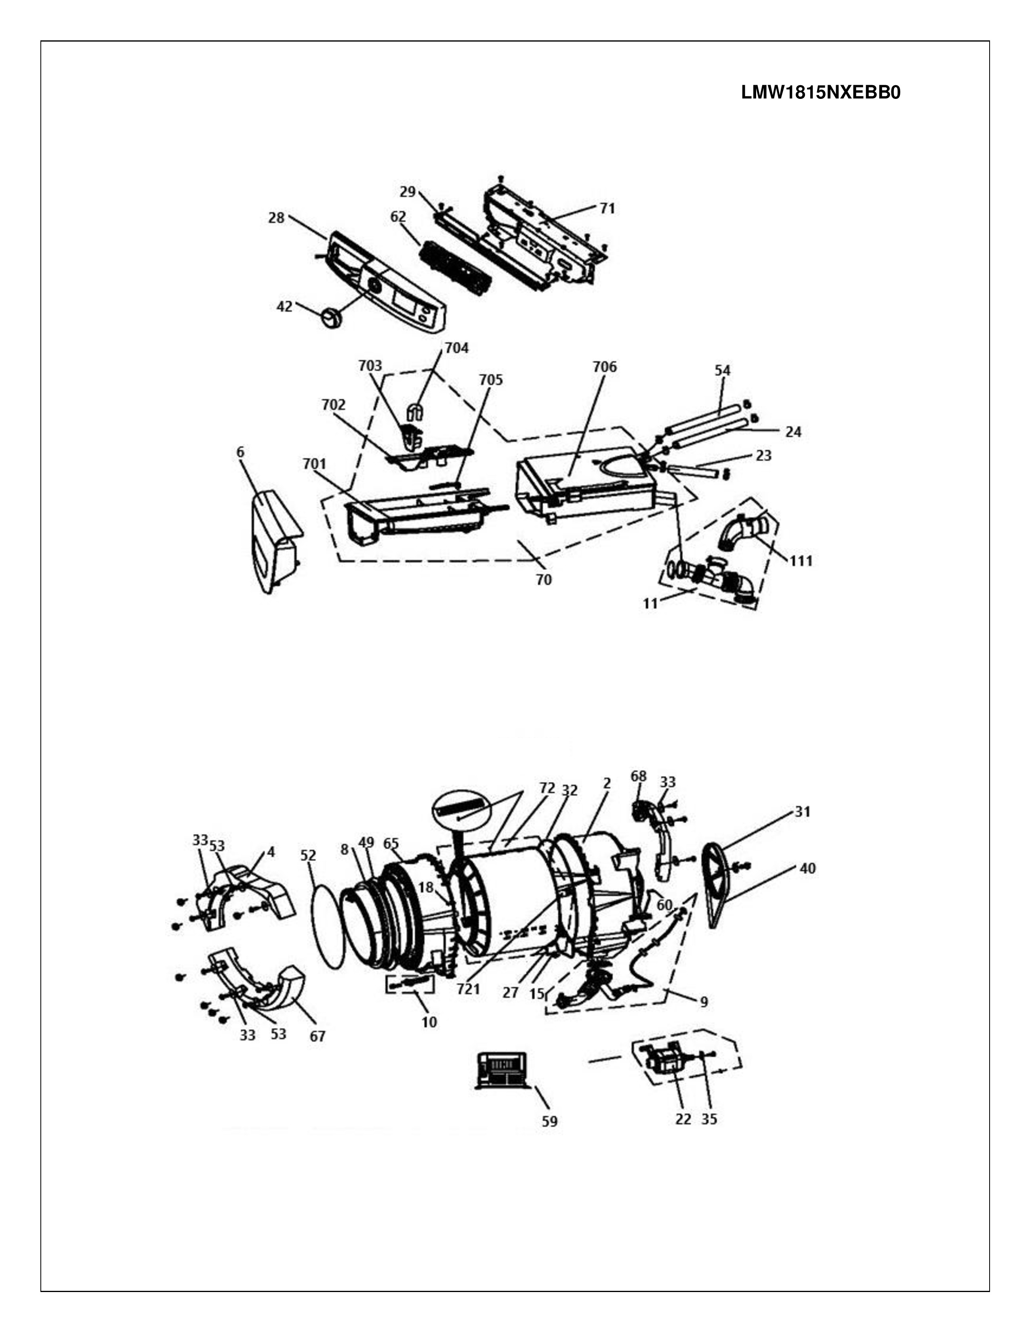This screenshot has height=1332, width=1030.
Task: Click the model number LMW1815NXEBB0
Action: point(821,93)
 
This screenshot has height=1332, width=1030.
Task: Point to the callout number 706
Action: point(605,367)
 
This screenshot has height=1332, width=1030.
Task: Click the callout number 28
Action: point(276,218)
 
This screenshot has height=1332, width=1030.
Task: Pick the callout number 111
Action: point(801,561)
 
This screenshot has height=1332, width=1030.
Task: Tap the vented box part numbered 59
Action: point(501,1070)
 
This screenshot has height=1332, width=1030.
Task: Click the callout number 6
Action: point(240,452)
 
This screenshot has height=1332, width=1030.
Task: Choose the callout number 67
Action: point(317,1036)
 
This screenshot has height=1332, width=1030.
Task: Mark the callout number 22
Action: point(683,1119)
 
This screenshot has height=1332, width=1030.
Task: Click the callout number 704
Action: point(456,348)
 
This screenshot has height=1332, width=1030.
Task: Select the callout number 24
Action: point(793,432)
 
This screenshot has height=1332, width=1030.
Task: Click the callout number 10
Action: point(430,1022)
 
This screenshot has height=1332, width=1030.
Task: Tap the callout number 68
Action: point(638,776)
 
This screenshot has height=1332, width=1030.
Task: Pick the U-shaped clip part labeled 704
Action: point(415,412)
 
